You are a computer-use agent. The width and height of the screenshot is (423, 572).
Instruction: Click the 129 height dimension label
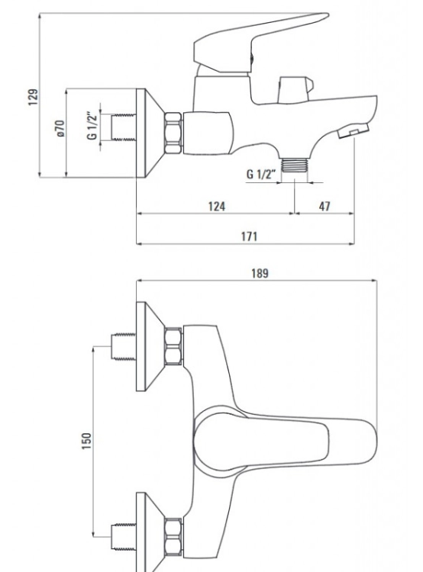(34, 97)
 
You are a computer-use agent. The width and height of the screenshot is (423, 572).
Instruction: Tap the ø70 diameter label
(60, 129)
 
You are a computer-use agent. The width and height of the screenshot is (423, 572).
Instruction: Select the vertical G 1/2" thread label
(92, 126)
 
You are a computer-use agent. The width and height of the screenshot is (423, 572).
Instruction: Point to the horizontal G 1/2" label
(260, 174)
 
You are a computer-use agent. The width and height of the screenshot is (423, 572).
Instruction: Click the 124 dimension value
(217, 207)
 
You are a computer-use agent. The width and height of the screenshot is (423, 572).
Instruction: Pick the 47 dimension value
(325, 207)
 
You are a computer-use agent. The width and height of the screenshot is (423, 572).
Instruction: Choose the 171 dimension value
(249, 236)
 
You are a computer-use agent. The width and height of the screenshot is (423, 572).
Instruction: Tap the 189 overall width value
(260, 273)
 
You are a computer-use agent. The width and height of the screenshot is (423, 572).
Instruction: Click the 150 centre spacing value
(86, 441)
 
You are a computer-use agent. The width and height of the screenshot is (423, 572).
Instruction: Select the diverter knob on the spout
(295, 88)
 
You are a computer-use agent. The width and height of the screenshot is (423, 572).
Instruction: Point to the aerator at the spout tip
(353, 131)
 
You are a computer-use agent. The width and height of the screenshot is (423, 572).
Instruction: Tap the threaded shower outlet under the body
(295, 165)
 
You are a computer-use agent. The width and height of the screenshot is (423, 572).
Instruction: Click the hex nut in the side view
(173, 133)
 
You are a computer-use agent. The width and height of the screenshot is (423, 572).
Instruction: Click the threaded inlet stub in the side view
(123, 127)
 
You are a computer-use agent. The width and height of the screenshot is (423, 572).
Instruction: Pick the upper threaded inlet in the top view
(123, 346)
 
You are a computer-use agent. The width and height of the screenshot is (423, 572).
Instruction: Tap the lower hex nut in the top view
(173, 538)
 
